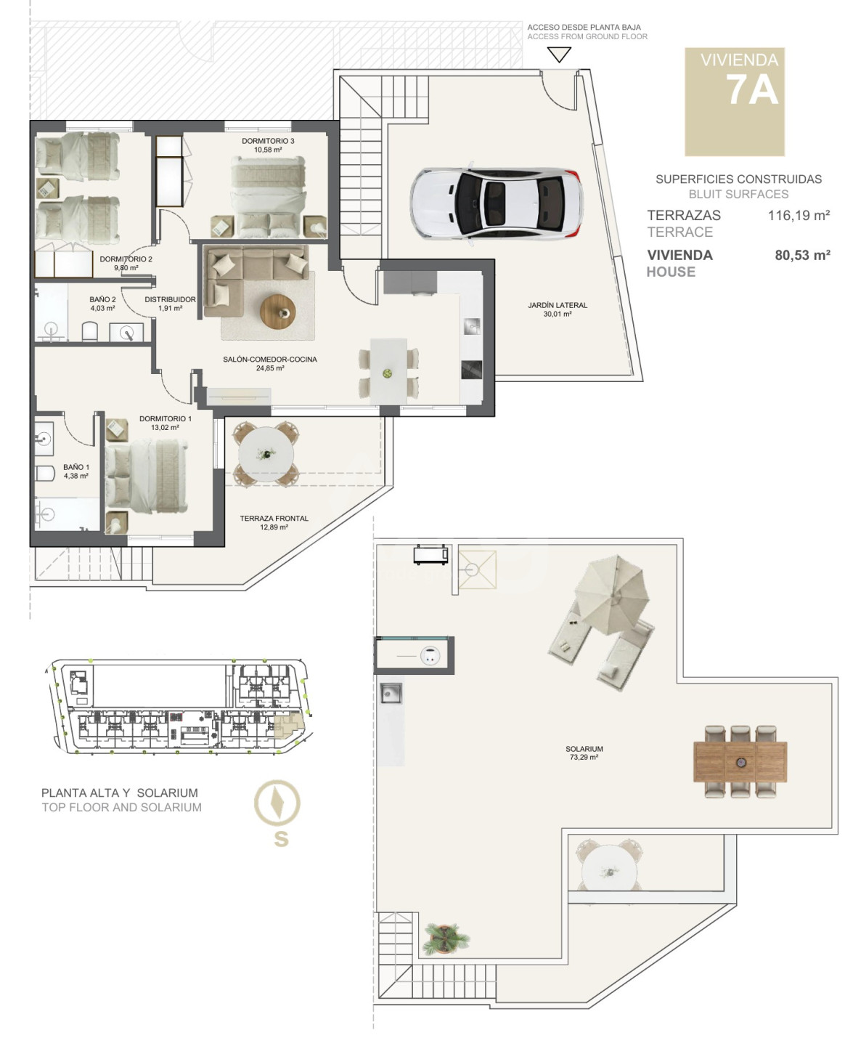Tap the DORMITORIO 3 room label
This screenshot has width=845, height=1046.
tap(268, 141)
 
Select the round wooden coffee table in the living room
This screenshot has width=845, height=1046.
tap(278, 310)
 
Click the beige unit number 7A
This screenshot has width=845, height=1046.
tap(752, 90)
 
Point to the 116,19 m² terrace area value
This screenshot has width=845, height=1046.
tap(799, 215)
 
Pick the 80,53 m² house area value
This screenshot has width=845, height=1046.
tap(802, 255)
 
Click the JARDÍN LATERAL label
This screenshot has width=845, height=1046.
tap(558, 305)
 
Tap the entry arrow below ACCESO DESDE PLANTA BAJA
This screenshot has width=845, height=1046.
tap(559, 54)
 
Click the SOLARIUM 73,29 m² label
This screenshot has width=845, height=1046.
tap(584, 753)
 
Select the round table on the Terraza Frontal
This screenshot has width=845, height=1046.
tap(266, 454)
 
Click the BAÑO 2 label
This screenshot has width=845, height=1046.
tap(102, 299)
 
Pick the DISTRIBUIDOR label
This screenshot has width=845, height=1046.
tap(171, 299)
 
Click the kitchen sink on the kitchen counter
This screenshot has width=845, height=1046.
tap(473, 326)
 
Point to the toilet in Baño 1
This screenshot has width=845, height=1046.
tap(45, 474)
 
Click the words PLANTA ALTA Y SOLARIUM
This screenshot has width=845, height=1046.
tap(120, 792)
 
